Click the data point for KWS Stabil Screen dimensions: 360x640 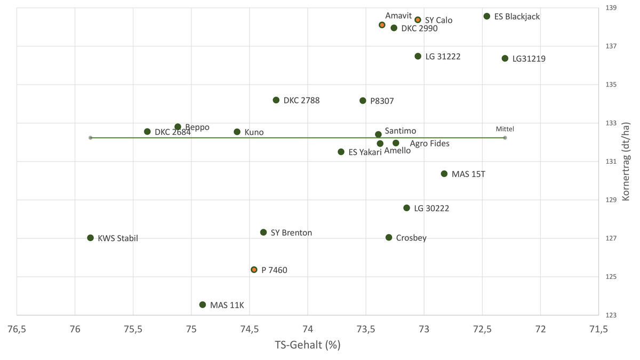[90, 238]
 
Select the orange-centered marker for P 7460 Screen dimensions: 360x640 [254, 270]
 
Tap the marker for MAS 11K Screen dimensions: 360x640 [203, 305]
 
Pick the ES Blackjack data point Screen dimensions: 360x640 [487, 17]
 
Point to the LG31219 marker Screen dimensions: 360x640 [505, 58]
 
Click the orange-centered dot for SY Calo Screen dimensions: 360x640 [418, 20]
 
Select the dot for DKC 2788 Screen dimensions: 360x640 [276, 100]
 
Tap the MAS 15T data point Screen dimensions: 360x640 [444, 174]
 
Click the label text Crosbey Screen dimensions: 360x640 [411, 238]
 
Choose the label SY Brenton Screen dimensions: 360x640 [291, 233]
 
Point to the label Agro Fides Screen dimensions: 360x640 [429, 143]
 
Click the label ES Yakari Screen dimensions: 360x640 [365, 152]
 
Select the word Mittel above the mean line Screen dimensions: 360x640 [505, 129]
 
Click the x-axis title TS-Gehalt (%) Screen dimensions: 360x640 [308, 345]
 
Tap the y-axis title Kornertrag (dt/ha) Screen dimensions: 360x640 [626, 162]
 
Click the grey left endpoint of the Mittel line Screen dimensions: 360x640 [91, 138]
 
